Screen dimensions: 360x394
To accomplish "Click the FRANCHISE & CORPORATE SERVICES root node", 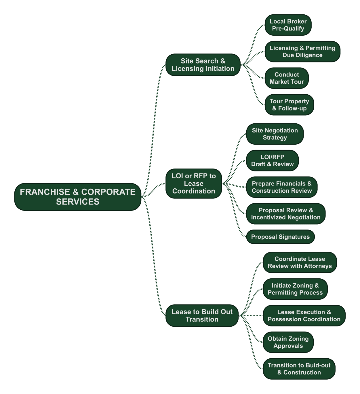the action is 78,197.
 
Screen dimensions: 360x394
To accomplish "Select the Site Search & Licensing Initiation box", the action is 203,65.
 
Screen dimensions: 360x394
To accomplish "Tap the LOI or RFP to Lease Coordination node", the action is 194,183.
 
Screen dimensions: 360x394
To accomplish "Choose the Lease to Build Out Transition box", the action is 202,315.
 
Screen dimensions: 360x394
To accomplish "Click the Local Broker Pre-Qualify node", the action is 288,25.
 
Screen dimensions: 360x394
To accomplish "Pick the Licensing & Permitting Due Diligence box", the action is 302,51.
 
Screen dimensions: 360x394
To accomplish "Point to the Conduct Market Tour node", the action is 287,78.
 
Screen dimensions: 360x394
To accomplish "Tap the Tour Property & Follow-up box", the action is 289,105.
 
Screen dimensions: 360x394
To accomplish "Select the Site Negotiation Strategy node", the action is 275,134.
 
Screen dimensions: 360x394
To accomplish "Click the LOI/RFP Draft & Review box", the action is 272,160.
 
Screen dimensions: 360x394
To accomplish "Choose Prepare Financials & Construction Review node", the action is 282,187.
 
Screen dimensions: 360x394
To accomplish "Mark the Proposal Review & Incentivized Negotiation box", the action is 286,214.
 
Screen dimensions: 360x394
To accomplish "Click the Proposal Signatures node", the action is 280,237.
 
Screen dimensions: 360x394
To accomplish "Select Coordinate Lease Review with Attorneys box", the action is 300,262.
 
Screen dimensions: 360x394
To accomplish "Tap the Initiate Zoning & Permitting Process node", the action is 295,289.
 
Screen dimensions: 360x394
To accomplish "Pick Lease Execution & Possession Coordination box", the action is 304,315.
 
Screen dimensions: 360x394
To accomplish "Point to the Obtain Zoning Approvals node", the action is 288,342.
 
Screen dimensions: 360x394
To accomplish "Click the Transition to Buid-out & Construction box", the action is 299,369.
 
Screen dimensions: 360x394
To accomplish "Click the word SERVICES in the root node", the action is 78,202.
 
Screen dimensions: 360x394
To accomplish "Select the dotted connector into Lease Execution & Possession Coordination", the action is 251,316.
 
